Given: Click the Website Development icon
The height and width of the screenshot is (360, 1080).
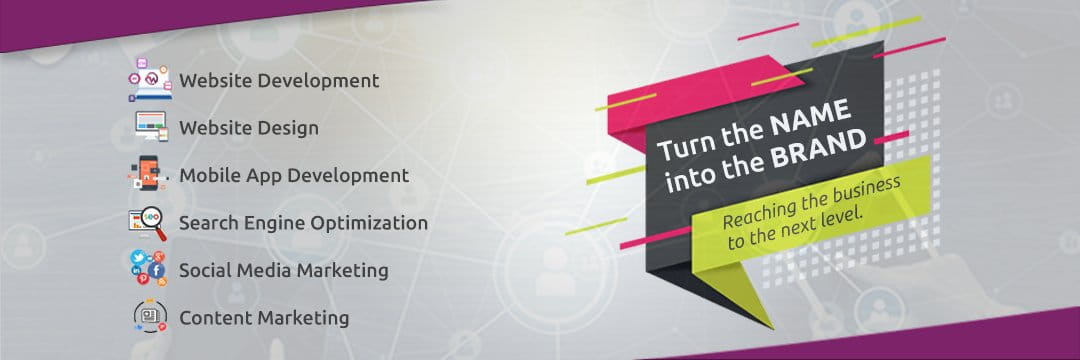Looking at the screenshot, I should point(150,80).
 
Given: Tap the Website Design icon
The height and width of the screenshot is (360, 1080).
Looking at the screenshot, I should point(150,128).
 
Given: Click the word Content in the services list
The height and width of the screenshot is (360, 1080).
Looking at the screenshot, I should point(214,318).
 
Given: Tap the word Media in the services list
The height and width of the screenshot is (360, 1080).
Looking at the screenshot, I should point(264,270).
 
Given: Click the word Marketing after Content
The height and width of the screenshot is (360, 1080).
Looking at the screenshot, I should point(302,318).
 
